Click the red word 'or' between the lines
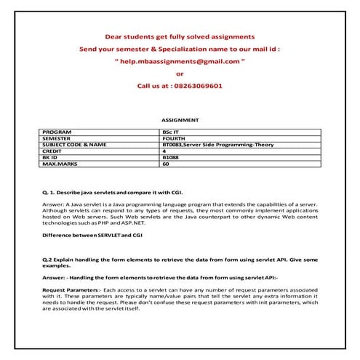point(180,73)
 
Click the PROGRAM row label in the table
point(58,132)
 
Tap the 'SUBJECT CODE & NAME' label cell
point(74,145)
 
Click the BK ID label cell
point(53,158)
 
